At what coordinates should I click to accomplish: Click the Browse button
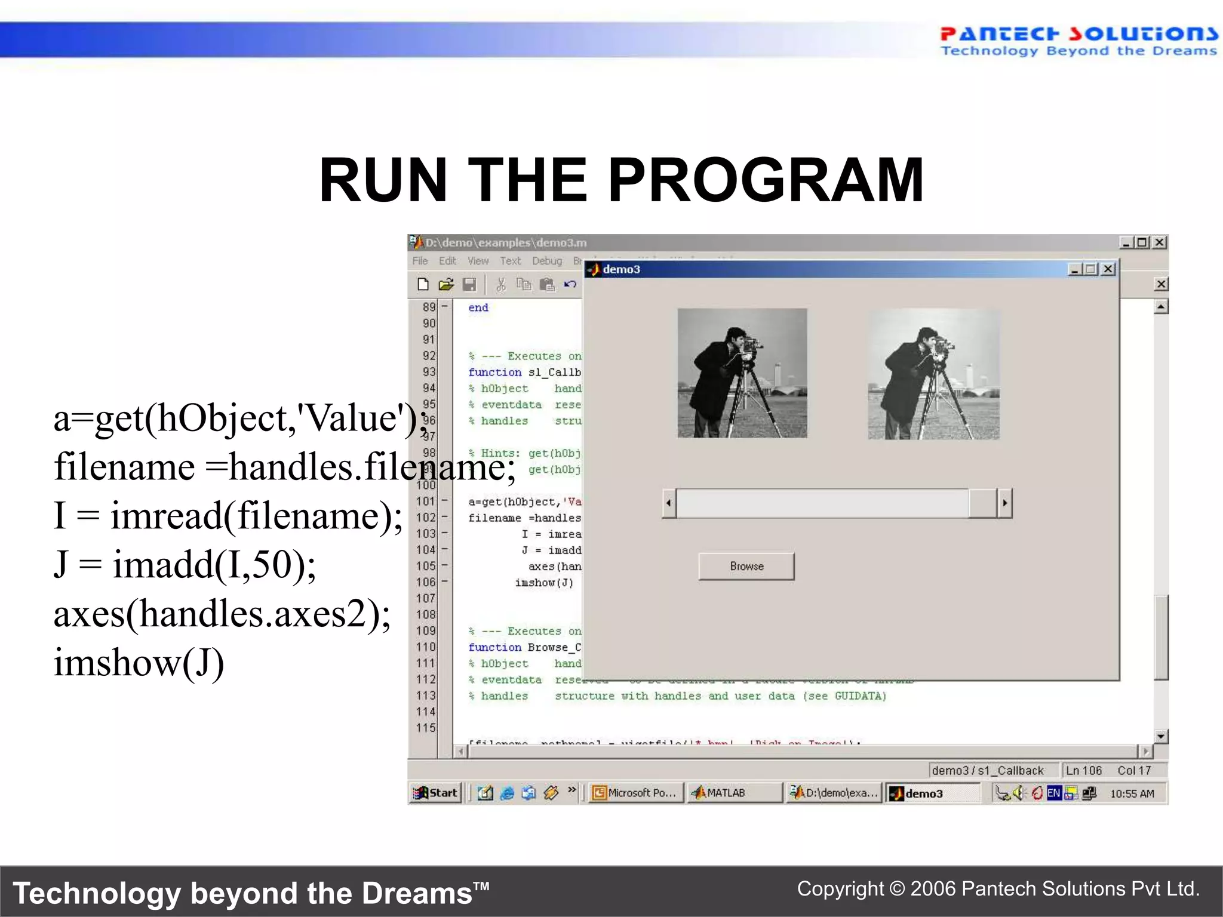click(746, 566)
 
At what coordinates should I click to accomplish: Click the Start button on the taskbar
click(436, 793)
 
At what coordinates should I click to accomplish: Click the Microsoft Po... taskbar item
click(635, 793)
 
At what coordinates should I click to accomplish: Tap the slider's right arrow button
click(1004, 503)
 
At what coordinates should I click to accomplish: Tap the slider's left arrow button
click(669, 503)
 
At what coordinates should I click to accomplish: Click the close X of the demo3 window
click(1108, 269)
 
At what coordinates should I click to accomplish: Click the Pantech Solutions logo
click(1078, 41)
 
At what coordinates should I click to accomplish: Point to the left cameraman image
click(742, 373)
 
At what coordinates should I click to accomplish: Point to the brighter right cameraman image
click(933, 374)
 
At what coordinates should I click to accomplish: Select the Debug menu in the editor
click(547, 261)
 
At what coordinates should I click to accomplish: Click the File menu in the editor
click(420, 261)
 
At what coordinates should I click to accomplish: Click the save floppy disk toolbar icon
click(469, 285)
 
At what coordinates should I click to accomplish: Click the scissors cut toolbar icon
click(501, 285)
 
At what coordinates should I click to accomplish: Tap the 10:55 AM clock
click(1132, 793)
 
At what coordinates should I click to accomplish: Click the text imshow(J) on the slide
click(139, 662)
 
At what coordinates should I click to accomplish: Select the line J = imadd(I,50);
click(185, 564)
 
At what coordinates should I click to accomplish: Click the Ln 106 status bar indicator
click(1084, 771)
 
